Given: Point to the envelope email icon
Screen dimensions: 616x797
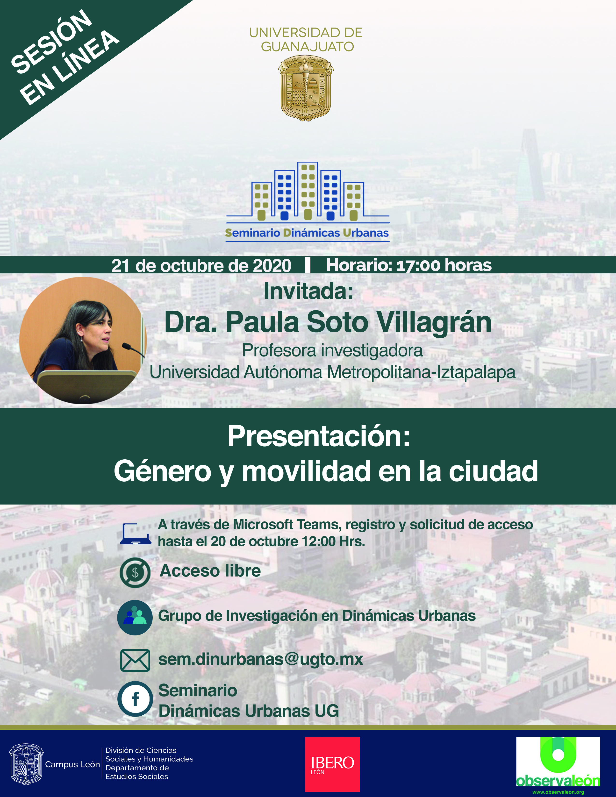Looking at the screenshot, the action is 135,661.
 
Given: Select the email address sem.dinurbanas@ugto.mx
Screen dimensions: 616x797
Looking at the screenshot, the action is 261,659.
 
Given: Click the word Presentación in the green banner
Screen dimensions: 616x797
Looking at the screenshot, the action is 319,436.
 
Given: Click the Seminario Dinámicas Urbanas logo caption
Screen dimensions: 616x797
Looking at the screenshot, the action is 307,233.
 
